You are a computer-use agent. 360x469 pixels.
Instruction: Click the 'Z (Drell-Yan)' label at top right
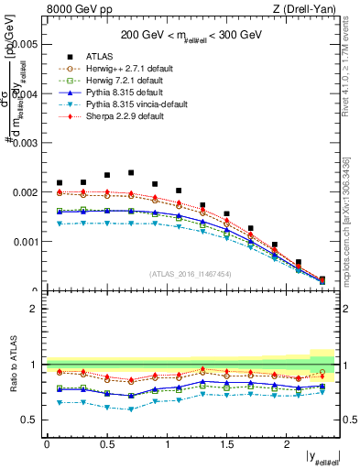(309, 9)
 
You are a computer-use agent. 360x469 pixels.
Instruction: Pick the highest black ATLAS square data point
(131, 172)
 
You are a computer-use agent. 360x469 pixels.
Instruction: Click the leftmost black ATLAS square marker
(60, 183)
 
